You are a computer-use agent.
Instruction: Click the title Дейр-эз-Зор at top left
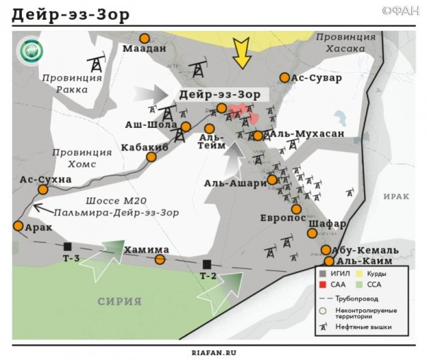tap(64, 15)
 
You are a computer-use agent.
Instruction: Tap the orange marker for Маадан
tap(145, 38)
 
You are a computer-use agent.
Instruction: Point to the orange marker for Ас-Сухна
tap(43, 190)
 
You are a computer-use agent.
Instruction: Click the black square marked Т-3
tap(68, 246)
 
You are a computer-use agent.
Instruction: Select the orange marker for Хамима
tap(160, 260)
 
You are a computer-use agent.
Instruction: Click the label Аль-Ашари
tap(235, 182)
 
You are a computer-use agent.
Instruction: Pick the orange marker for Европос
tap(296, 209)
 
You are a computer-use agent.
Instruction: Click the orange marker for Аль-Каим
tap(329, 261)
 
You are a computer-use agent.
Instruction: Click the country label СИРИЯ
tap(120, 301)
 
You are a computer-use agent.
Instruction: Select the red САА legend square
tap(323, 284)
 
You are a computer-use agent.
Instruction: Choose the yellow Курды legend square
tap(368, 273)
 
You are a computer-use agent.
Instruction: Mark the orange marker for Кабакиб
tap(151, 156)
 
